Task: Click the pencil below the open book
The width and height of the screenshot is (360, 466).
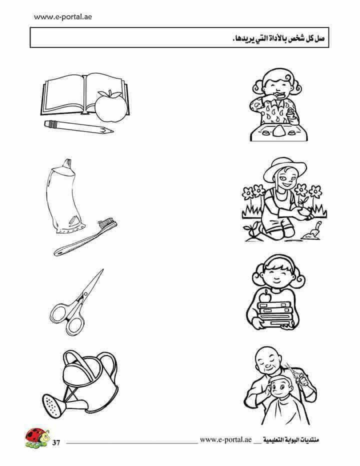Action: pos(79,127)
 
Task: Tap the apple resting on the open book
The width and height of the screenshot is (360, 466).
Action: pos(111,106)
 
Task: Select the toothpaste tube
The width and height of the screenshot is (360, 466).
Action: pos(65,196)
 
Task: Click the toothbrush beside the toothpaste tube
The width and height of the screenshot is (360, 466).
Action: pos(85,237)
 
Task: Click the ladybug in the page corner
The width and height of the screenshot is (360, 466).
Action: pos(37,437)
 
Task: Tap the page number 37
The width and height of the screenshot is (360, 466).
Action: pos(56,442)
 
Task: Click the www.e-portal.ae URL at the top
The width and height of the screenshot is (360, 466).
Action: pos(62,17)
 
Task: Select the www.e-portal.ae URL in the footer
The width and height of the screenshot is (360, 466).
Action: pos(225,439)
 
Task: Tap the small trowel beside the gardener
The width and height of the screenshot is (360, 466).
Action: pos(312,231)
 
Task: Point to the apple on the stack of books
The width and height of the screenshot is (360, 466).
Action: pos(265,296)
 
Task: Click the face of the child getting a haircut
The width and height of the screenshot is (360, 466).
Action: pos(279,387)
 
